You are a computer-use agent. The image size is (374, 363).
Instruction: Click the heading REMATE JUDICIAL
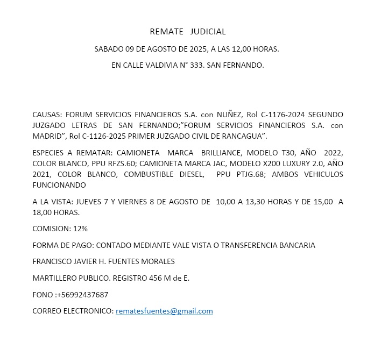pos(187,32)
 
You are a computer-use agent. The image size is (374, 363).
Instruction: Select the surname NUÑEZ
pos(229,115)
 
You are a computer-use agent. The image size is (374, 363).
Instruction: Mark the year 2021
pos(41,174)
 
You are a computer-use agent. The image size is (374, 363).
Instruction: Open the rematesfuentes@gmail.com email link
pos(164,311)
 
